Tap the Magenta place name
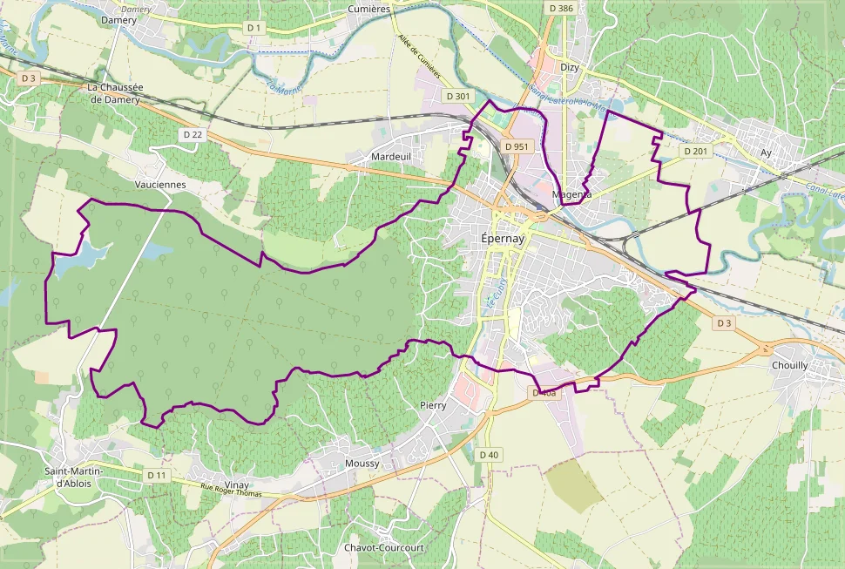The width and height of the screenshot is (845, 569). [572, 194]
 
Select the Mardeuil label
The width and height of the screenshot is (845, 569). [390, 156]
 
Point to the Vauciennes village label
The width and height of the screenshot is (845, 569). [160, 185]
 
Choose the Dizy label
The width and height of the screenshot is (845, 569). [570, 68]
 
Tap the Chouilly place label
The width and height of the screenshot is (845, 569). [789, 365]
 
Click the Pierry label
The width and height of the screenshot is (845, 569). [433, 405]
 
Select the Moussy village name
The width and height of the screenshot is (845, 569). [362, 464]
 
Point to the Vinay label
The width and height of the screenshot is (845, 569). [236, 485]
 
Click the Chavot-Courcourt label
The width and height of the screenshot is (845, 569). [383, 547]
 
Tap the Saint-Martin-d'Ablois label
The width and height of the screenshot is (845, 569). [74, 477]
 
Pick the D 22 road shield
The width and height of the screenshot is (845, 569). [193, 134]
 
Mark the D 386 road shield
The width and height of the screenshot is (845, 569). [562, 8]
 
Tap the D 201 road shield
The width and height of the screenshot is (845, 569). [696, 151]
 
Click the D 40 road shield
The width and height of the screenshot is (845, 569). [490, 454]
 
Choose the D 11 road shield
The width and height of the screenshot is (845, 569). [157, 475]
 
